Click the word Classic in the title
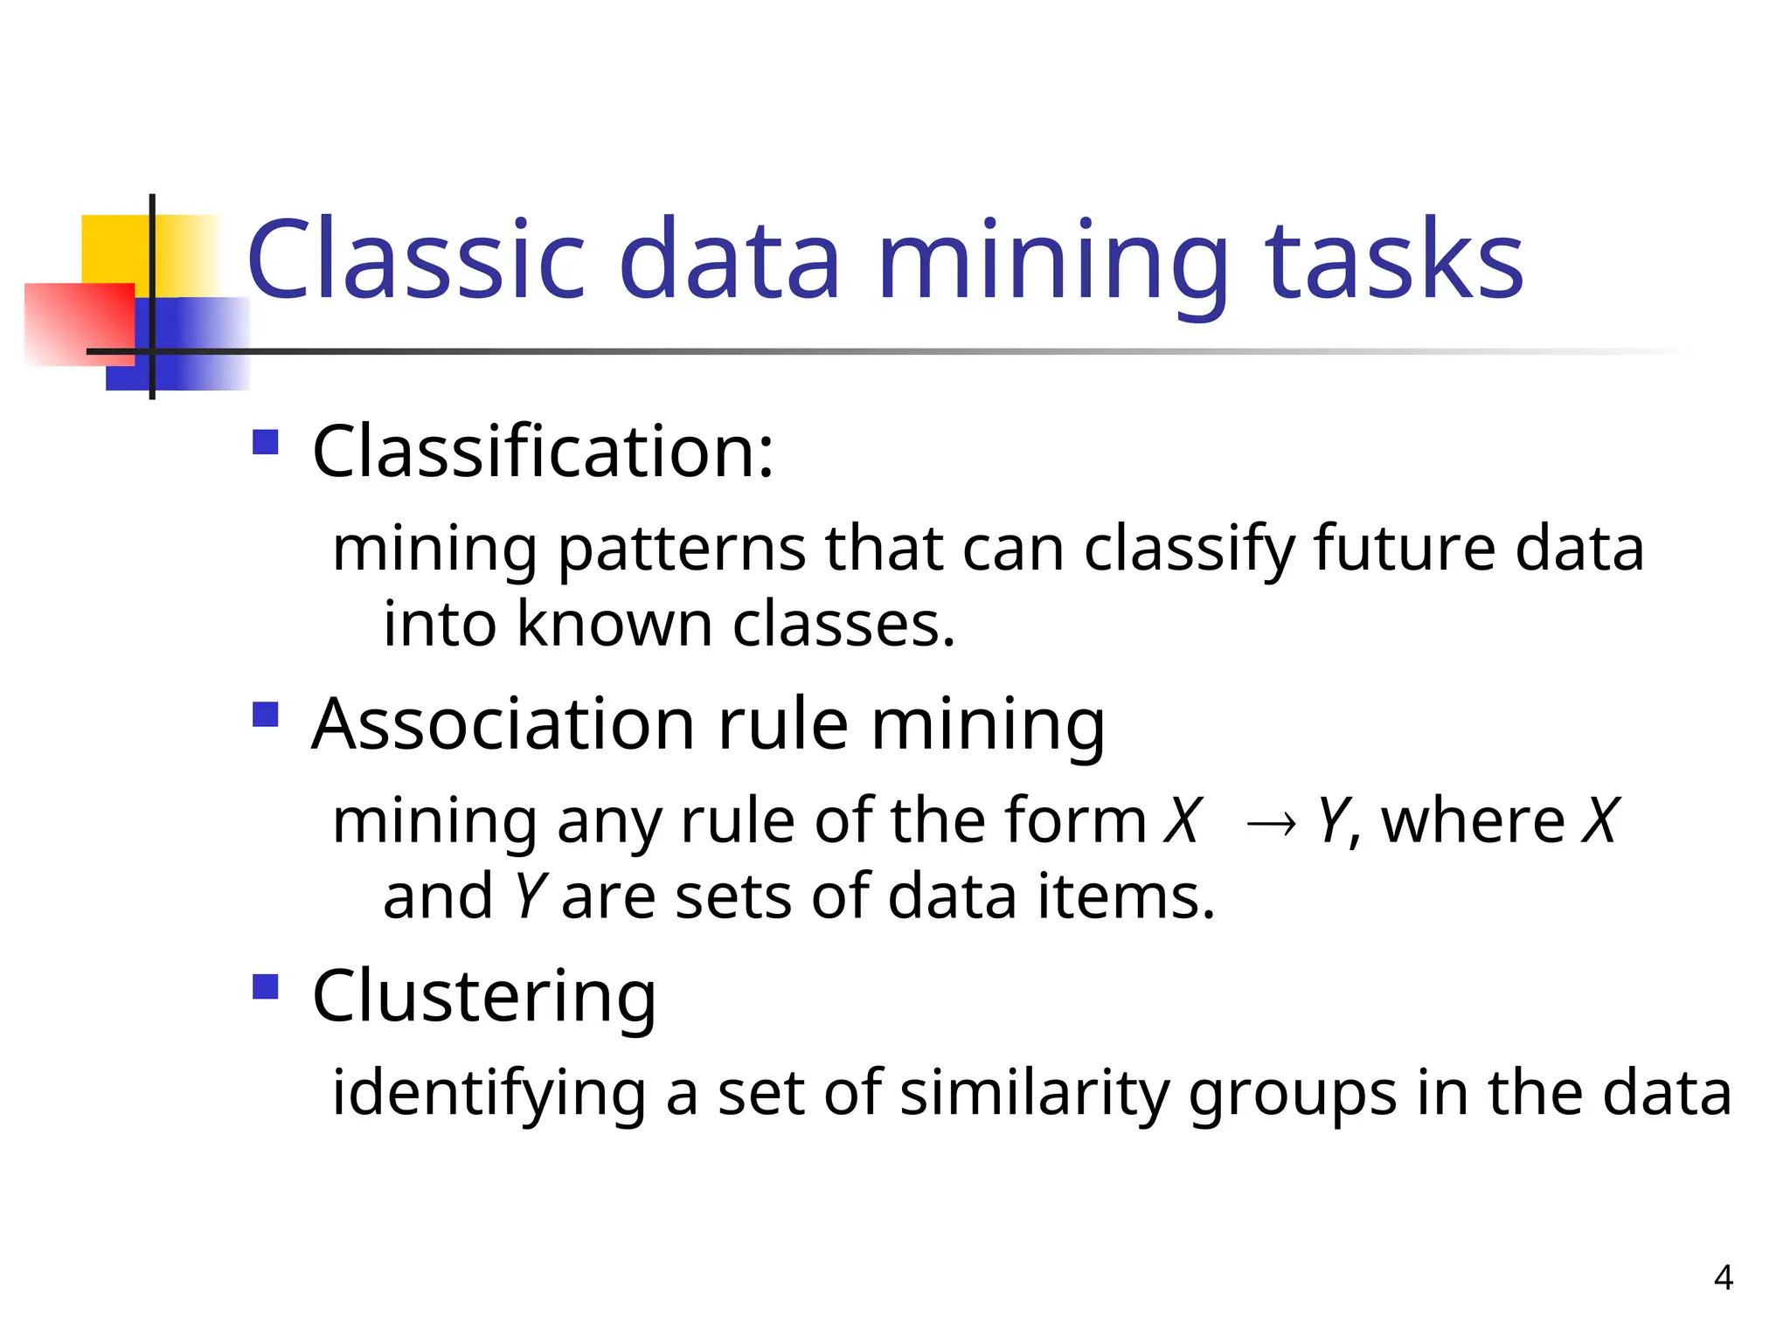(415, 260)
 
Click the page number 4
(1723, 1277)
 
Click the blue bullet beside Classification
(265, 442)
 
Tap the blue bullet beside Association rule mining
(265, 715)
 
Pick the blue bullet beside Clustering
(265, 987)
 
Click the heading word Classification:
(543, 452)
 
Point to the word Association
(503, 724)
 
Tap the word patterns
(682, 550)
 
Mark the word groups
(1293, 1094)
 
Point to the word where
(1473, 821)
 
